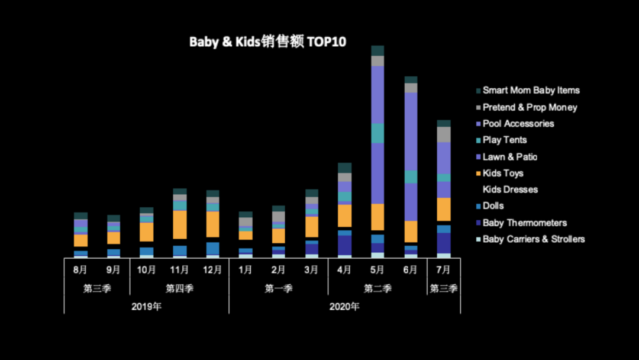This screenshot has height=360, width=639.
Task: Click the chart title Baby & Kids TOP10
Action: [267, 42]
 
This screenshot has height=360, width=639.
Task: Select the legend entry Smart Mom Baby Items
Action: [531, 91]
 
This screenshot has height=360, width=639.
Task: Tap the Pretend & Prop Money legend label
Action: [530, 107]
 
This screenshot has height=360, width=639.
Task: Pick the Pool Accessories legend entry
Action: [518, 124]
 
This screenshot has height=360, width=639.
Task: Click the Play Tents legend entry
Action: [504, 140]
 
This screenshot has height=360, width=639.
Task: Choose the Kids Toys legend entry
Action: [503, 173]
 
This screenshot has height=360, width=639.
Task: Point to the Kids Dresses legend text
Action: [510, 189]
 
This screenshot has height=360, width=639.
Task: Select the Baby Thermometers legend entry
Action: [524, 223]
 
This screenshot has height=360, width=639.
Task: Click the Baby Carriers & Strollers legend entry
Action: [533, 239]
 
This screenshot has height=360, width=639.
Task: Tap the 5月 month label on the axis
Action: [377, 270]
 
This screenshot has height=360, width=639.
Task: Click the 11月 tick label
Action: [180, 270]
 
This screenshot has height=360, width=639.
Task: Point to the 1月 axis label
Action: [246, 270]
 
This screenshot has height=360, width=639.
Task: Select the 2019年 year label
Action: [146, 307]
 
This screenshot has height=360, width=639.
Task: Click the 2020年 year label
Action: [344, 307]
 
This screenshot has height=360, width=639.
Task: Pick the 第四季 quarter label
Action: [179, 289]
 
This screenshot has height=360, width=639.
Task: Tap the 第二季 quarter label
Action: [377, 289]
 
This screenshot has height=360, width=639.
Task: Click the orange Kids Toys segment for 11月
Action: [180, 224]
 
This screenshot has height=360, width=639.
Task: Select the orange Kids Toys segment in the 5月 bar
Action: [377, 217]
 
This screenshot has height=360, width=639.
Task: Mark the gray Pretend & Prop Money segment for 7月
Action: [443, 134]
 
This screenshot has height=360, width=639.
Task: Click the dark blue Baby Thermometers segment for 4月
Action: [344, 245]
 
